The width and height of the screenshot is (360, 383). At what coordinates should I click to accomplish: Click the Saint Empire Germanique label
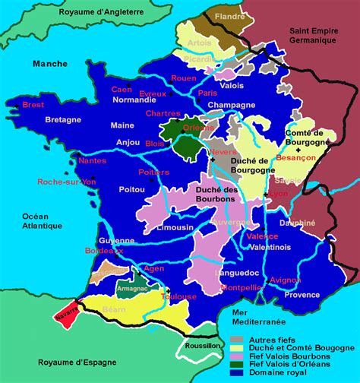point(318,34)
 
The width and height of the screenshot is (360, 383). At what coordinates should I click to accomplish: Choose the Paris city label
point(207,93)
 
